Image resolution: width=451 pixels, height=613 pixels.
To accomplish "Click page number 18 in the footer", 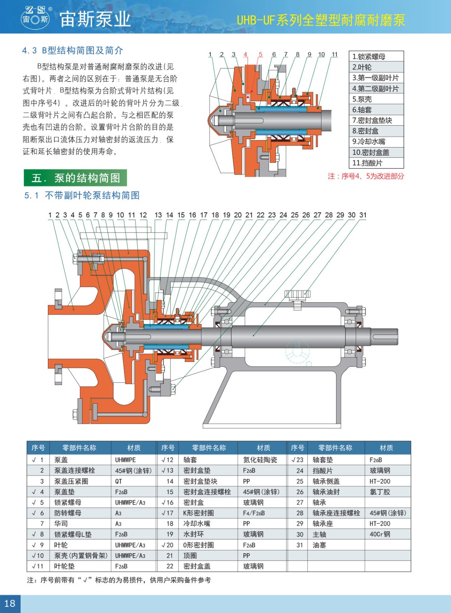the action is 10,603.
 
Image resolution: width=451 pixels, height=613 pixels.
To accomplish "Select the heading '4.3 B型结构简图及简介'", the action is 72,50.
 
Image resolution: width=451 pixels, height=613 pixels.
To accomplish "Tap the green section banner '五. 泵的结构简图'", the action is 75,178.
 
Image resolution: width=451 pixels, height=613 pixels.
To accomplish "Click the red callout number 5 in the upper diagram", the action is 260,54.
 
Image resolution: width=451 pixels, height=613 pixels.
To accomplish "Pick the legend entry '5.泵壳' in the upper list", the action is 362,99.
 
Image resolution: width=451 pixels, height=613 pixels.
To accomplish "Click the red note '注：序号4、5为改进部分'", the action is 366,176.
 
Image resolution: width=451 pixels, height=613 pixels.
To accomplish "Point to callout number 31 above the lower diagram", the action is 363,215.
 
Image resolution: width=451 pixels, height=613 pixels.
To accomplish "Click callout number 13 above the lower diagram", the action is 158,215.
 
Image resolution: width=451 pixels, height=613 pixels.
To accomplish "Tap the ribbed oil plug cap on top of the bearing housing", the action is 297,294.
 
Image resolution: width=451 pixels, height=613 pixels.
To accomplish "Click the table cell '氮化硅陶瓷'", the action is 260,460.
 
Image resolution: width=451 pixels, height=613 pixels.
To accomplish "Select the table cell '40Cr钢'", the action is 380,534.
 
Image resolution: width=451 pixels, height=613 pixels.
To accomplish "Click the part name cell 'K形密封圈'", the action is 198,513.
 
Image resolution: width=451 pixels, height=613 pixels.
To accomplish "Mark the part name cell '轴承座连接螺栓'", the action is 336,513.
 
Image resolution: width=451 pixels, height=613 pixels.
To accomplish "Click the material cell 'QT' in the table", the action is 118,481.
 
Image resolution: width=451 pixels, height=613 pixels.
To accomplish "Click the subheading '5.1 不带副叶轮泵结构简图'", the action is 82,195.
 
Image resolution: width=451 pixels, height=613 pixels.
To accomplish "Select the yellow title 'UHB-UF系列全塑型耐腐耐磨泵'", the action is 321,20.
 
